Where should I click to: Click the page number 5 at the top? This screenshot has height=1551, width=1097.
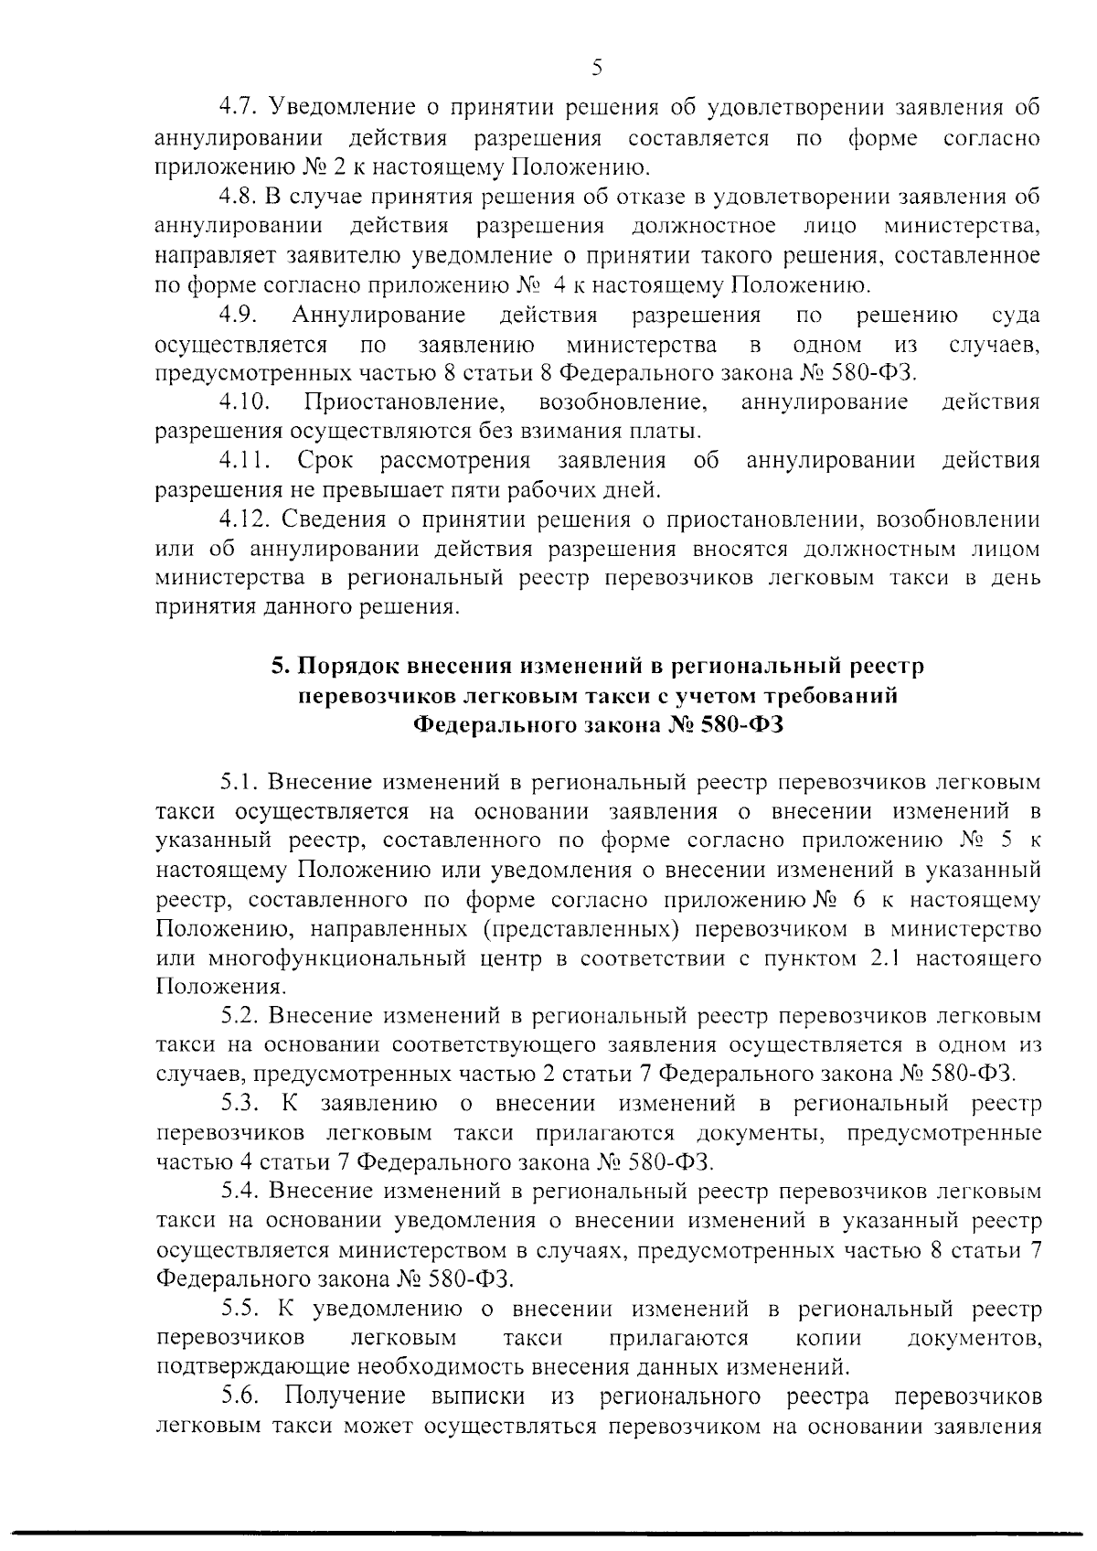tap(597, 68)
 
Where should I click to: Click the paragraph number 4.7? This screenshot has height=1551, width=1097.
tap(240, 108)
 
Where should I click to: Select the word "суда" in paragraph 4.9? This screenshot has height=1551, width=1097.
tap(1016, 316)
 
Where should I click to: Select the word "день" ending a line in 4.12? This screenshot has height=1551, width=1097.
tap(1016, 579)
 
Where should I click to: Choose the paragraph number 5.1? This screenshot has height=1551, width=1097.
tap(240, 784)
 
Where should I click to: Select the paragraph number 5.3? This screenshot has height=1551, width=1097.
tap(241, 1105)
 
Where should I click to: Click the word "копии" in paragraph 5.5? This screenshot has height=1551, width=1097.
tap(828, 1338)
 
